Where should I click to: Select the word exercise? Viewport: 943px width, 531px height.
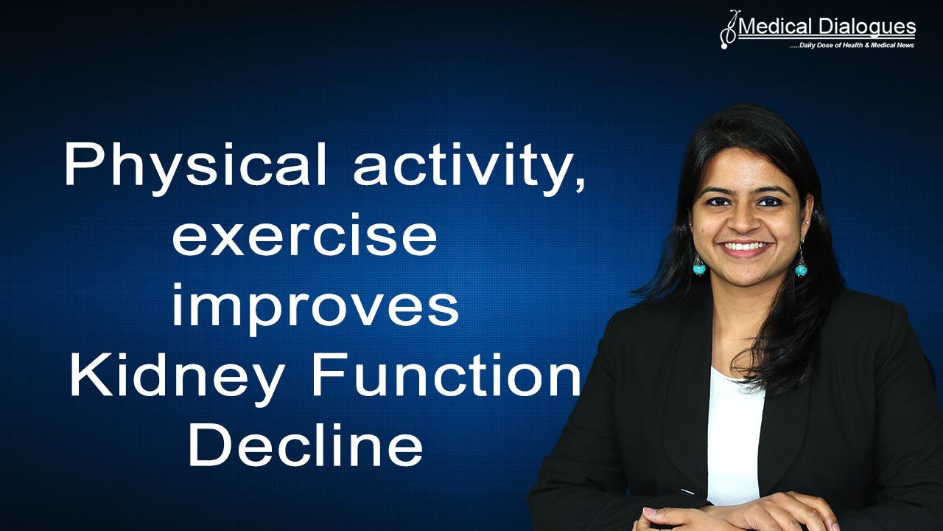[304, 237]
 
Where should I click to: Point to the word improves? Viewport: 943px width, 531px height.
[315, 308]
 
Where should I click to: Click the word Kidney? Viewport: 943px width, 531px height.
[176, 375]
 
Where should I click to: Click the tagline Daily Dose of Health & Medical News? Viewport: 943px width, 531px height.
[852, 46]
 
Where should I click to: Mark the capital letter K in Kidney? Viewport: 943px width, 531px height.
[87, 375]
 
